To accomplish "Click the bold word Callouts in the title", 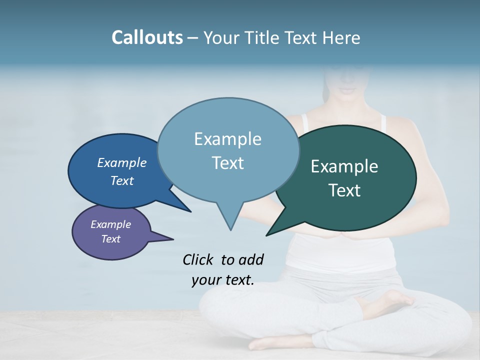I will coord(147,37).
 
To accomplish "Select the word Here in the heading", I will coord(341,37).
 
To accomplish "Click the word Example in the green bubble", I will coord(344,166).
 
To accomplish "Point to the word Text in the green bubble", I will coord(344,190).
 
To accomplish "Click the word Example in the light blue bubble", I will coord(227,139).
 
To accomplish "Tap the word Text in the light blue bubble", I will coord(227,163).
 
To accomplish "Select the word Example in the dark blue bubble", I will coord(121,162).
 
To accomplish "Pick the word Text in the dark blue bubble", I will coord(121,180).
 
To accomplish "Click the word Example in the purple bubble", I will coord(110,224).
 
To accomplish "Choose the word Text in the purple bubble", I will coord(110,239).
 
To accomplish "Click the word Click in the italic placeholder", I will coord(197,259).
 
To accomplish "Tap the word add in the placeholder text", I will coord(251,259).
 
